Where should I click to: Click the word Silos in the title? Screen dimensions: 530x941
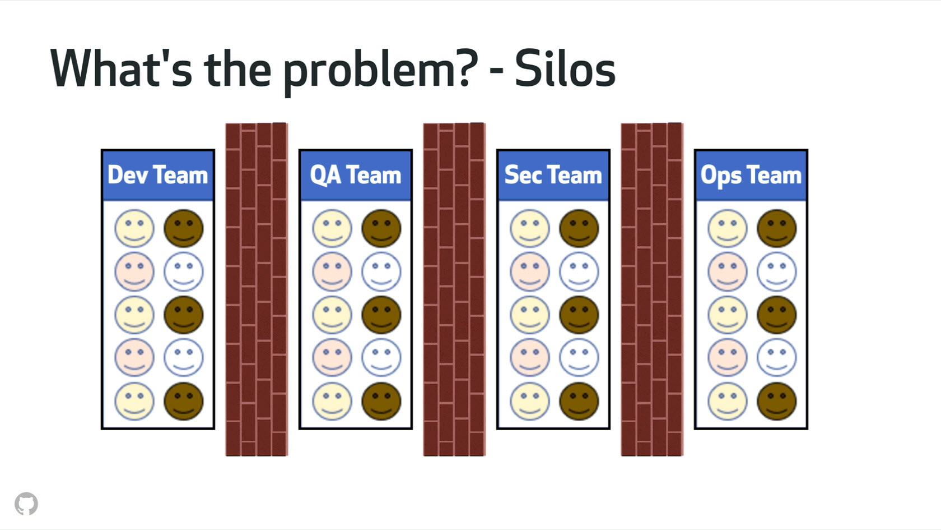click(x=565, y=69)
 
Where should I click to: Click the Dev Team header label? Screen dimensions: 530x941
click(x=157, y=175)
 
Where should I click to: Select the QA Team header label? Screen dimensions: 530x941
click(x=356, y=175)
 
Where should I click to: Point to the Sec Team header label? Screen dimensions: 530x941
click(x=553, y=175)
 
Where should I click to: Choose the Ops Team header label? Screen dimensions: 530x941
click(x=751, y=175)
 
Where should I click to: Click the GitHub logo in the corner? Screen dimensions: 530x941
click(x=26, y=504)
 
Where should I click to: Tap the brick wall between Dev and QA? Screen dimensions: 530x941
click(x=257, y=289)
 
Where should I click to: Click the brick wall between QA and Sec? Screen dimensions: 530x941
click(x=454, y=289)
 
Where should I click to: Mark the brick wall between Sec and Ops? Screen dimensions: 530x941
click(x=652, y=289)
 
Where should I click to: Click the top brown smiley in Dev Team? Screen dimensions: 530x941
click(x=184, y=228)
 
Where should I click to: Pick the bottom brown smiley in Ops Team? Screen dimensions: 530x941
click(x=776, y=401)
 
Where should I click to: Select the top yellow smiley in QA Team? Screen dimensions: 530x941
click(x=332, y=228)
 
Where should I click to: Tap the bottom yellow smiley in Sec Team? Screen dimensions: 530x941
click(x=530, y=401)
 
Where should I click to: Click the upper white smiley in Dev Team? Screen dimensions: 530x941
click(x=184, y=271)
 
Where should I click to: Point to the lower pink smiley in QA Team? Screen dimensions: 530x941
click(x=332, y=357)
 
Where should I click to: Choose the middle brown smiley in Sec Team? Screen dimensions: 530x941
click(x=579, y=315)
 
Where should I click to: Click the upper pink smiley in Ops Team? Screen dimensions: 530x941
click(x=728, y=271)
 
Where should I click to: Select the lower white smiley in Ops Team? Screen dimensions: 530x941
click(x=776, y=357)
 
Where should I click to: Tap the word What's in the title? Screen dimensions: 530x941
click(x=121, y=69)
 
